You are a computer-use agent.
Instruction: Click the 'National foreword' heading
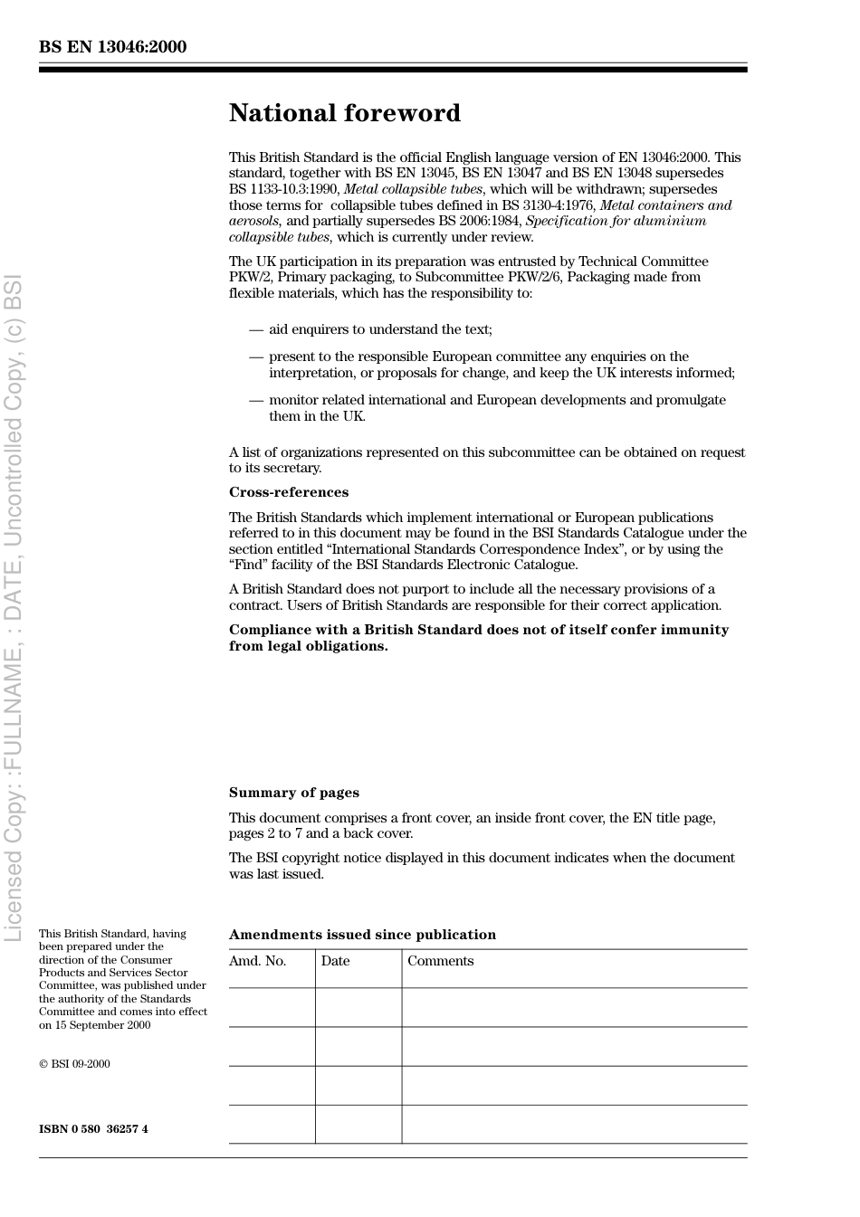pos(344,113)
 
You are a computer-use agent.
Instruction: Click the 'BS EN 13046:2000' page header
pos(112,47)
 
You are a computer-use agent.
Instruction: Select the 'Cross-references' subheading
pos(288,492)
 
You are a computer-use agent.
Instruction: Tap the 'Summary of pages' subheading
pos(293,793)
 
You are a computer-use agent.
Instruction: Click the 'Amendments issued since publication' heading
pos(362,935)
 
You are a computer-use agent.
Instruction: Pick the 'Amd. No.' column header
pos(257,961)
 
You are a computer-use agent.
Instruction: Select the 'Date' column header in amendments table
pos(335,961)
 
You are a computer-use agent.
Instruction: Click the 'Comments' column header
pos(440,961)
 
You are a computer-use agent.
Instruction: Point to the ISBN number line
pos(93,1129)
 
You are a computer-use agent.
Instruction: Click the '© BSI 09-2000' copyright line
pos(74,1064)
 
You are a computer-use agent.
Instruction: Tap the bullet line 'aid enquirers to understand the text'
pos(380,329)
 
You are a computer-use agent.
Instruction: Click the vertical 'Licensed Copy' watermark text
pos(14,606)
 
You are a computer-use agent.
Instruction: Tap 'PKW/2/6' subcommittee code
pos(539,277)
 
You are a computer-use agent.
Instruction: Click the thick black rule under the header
pos(393,70)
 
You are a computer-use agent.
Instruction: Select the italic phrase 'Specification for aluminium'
pos(616,221)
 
